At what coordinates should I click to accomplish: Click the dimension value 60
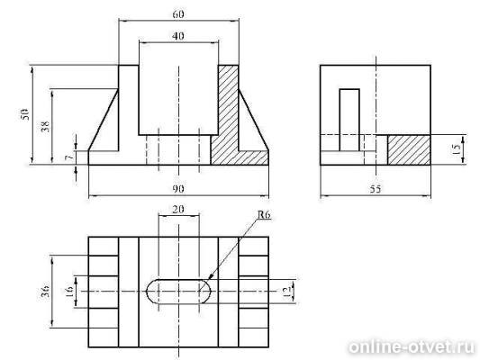point(178,14)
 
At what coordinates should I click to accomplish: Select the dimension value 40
point(178,36)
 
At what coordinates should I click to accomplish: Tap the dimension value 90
point(178,189)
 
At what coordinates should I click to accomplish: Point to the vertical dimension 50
point(25,113)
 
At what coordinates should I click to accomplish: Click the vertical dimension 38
point(45,126)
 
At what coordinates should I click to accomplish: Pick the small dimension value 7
point(69,157)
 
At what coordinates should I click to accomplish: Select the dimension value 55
point(376,189)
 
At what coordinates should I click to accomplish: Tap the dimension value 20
point(178,210)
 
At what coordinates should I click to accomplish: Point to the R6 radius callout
point(264,215)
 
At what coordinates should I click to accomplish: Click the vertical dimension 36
point(46,292)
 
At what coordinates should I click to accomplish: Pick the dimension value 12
point(286,291)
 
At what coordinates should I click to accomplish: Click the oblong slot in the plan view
point(178,279)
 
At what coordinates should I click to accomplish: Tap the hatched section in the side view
point(409,149)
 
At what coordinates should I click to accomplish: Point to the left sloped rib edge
point(104,120)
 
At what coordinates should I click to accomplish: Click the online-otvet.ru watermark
point(412,347)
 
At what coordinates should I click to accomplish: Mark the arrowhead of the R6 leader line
point(210,277)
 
